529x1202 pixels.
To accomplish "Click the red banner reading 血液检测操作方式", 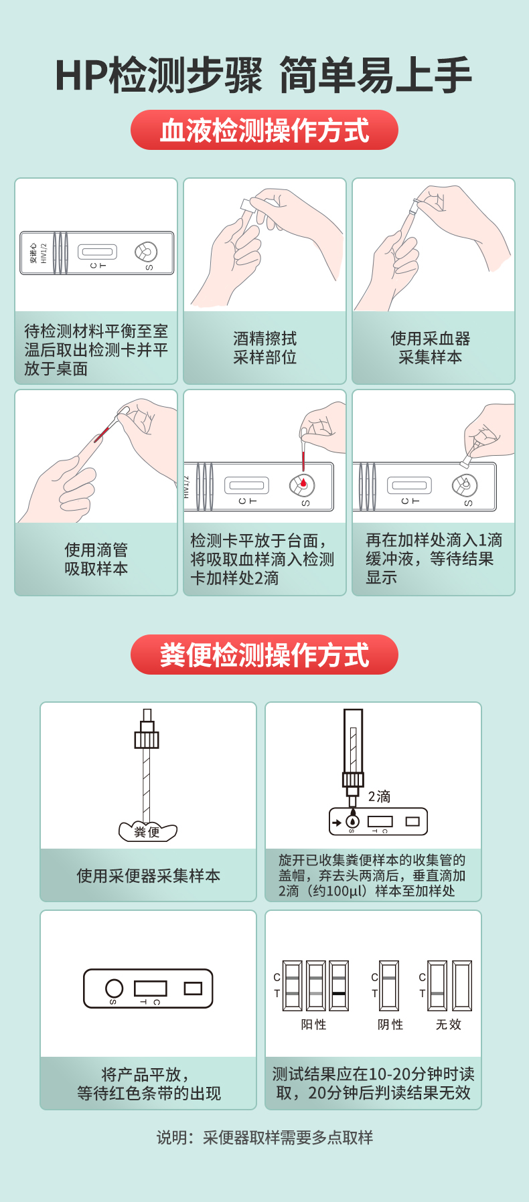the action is (x=264, y=130).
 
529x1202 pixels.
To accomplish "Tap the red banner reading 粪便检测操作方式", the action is (x=264, y=655).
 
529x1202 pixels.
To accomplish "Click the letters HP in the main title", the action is (x=80, y=76).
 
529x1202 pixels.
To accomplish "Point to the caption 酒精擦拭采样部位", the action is (x=265, y=348).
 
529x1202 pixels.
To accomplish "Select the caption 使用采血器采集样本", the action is (x=431, y=348).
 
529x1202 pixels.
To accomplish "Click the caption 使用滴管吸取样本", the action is (x=96, y=560).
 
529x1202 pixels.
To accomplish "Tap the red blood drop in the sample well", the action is (x=303, y=483).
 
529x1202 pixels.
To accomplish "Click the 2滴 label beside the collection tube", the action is (x=379, y=796).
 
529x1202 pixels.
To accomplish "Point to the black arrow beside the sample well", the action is (x=337, y=823).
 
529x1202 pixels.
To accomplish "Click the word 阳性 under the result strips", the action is (x=313, y=1025).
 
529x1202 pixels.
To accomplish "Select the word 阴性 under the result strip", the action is (x=390, y=1025).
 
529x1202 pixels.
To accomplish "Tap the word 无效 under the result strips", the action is (x=449, y=1025).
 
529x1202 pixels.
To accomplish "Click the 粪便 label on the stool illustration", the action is (x=147, y=832).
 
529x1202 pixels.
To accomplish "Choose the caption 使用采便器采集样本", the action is (x=149, y=876).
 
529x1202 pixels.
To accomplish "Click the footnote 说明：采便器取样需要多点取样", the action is (x=264, y=1137).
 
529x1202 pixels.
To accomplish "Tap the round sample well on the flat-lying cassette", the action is (x=115, y=989).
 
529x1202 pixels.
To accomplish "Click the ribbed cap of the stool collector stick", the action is (x=147, y=740).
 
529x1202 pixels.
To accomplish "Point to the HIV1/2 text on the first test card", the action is (x=44, y=253).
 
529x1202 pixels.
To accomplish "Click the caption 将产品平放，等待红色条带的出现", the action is (x=149, y=1084).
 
